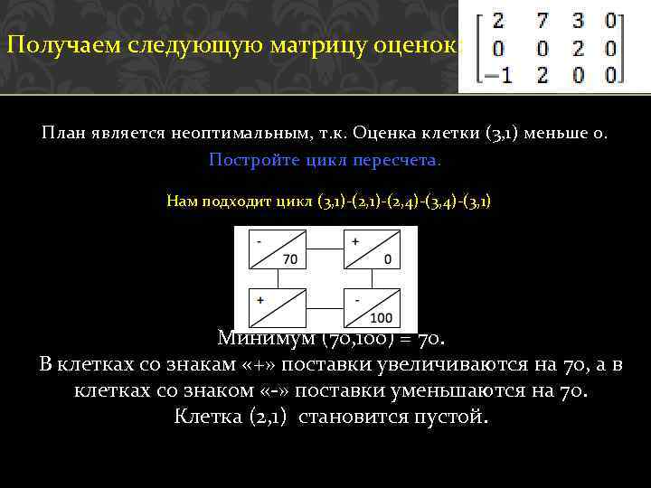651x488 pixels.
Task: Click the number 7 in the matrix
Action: [x=542, y=19]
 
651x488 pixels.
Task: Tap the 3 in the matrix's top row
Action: [x=578, y=19]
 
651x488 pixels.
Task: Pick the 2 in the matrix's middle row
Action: [x=578, y=47]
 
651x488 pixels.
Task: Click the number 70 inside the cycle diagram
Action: [x=290, y=260]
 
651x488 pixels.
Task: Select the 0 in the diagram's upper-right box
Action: [x=388, y=260]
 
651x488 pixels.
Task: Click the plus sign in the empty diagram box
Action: [x=260, y=299]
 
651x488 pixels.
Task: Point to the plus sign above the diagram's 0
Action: [x=354, y=242]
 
